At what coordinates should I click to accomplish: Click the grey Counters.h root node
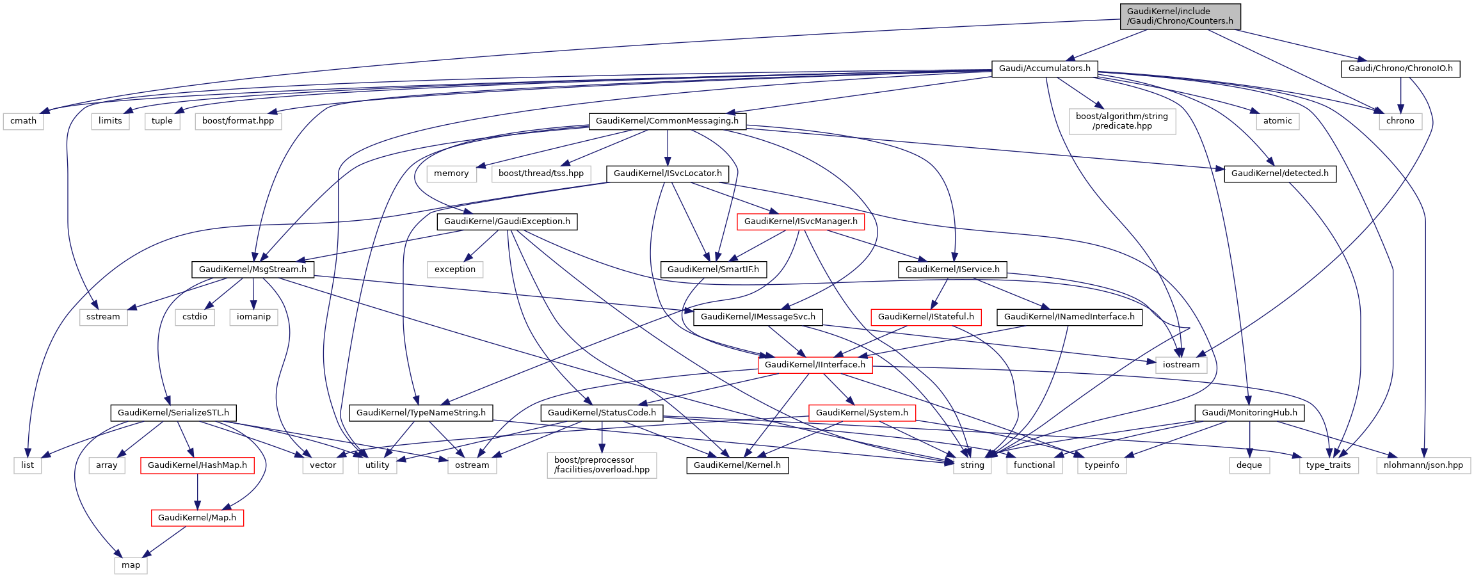point(1180,16)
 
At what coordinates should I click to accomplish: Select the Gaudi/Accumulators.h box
point(1045,68)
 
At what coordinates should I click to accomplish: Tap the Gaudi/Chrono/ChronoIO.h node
point(1400,68)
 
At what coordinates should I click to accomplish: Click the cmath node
point(23,121)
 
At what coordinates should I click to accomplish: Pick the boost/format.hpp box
point(238,121)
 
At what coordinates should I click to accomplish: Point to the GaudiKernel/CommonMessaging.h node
point(667,121)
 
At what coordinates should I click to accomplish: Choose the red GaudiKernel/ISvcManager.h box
point(801,221)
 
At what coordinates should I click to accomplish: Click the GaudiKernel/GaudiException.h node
point(507,221)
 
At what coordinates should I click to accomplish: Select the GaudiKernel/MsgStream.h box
point(253,269)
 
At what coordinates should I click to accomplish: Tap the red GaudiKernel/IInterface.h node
point(815,365)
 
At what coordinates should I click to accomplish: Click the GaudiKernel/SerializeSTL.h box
point(173,413)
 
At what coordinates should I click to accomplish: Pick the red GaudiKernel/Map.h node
point(197,518)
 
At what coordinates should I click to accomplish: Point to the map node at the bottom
point(131,565)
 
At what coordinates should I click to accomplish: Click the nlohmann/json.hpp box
point(1423,465)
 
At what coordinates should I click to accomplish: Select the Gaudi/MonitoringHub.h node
point(1249,413)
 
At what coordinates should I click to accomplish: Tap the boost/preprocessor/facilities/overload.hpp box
point(602,465)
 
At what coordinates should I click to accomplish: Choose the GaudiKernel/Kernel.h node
point(737,465)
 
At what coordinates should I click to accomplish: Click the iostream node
point(1181,365)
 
